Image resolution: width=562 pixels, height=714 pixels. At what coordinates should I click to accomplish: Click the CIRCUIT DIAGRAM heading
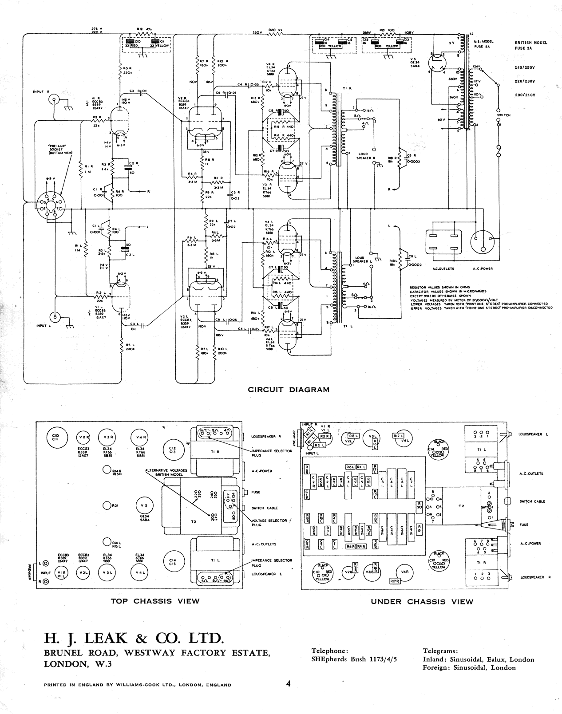pyautogui.click(x=289, y=390)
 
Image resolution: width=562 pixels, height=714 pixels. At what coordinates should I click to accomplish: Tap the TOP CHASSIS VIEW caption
pyautogui.click(x=155, y=601)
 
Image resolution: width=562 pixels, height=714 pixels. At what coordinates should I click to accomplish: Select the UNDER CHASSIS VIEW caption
pyautogui.click(x=422, y=602)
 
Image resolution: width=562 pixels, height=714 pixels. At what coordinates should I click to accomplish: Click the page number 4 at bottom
pyautogui.click(x=288, y=683)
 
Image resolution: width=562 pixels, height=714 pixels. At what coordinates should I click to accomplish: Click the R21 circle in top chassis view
pyautogui.click(x=107, y=505)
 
